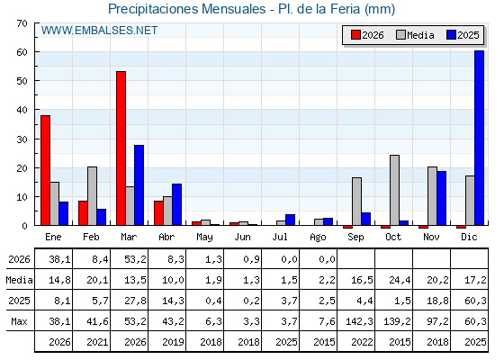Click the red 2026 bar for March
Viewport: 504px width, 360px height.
(x=121, y=148)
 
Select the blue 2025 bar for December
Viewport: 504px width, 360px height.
(x=479, y=138)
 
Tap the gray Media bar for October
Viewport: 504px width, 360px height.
(x=395, y=190)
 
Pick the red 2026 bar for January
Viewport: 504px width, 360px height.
(x=45, y=170)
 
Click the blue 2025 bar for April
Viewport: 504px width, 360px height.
(x=176, y=204)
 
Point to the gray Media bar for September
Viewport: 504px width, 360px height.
(x=356, y=202)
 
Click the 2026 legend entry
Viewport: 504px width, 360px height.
(x=367, y=35)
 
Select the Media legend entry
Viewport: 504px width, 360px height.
(x=415, y=35)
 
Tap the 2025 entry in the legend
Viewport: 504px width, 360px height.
(x=463, y=35)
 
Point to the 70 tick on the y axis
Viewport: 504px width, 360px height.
(x=22, y=23)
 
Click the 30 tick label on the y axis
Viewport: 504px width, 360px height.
(x=22, y=139)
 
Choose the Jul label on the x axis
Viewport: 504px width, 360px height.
(x=280, y=238)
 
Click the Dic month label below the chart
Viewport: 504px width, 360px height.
(x=469, y=238)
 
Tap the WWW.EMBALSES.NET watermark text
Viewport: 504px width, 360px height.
(x=99, y=31)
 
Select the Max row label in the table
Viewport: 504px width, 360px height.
(x=19, y=321)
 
